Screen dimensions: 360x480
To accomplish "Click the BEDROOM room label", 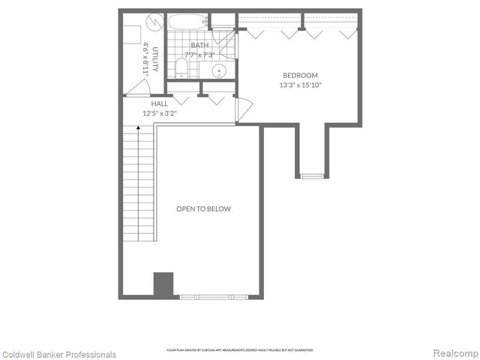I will (x=300, y=75).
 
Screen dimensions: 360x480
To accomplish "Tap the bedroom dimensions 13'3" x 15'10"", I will (x=300, y=85).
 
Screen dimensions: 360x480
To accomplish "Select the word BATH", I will (x=199, y=45).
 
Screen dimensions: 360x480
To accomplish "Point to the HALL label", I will (x=159, y=104).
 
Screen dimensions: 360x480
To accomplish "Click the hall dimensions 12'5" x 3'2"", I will (x=159, y=114).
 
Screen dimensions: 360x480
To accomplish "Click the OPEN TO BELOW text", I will (x=203, y=209).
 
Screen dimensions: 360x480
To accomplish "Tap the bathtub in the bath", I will (x=187, y=22).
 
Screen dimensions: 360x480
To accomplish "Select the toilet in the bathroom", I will (x=181, y=69).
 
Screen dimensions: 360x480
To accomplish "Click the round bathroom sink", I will (x=219, y=72).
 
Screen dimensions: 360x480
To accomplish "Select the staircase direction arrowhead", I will (x=139, y=130).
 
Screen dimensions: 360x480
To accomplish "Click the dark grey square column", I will (x=163, y=284).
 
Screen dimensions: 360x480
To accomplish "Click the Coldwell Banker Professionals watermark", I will (x=59, y=354).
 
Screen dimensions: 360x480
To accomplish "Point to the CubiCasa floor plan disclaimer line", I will (x=239, y=349).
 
